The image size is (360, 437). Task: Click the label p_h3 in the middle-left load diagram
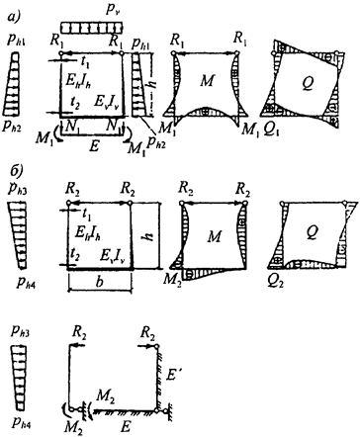coord(19,191)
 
